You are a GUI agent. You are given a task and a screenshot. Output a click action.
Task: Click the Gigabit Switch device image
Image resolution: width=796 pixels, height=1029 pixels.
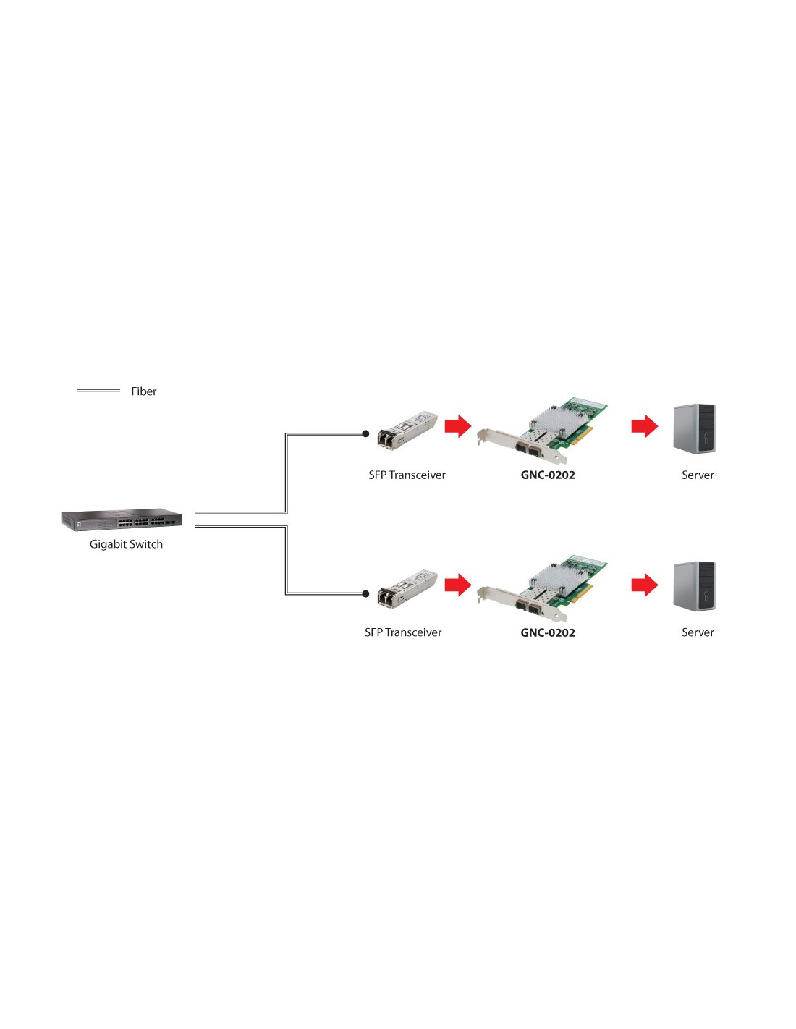click(x=122, y=520)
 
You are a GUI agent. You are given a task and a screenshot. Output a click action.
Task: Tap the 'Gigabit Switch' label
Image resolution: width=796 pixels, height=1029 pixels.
click(x=126, y=545)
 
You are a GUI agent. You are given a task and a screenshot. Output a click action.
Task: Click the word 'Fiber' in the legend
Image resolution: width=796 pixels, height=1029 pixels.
click(x=143, y=391)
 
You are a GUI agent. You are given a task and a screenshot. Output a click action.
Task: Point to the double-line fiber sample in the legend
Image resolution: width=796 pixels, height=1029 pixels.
click(x=98, y=390)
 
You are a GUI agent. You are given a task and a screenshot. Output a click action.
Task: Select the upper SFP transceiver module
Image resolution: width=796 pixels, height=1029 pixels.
click(x=407, y=430)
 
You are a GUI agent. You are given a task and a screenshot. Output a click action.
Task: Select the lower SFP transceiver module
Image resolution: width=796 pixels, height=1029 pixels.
click(x=407, y=588)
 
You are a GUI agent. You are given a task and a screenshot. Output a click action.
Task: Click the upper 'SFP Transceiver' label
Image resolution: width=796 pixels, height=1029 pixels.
click(x=407, y=475)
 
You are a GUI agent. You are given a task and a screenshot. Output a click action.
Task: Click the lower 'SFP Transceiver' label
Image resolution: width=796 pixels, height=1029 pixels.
click(x=403, y=632)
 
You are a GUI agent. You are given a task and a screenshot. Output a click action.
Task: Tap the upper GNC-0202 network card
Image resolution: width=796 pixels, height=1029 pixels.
click(x=542, y=431)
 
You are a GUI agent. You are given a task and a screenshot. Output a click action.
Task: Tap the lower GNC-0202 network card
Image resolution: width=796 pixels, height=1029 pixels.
click(x=542, y=588)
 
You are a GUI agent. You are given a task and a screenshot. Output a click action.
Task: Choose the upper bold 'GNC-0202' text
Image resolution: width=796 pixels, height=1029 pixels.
click(x=547, y=475)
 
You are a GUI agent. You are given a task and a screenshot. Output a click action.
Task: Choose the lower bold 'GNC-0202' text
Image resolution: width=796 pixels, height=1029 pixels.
click(x=547, y=632)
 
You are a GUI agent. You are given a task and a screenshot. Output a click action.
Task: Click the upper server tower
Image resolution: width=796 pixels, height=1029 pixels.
click(x=694, y=428)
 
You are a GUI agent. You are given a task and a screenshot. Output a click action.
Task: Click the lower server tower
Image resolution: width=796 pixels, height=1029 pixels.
click(x=694, y=585)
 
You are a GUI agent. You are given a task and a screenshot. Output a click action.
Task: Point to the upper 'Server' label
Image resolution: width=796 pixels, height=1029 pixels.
click(x=698, y=475)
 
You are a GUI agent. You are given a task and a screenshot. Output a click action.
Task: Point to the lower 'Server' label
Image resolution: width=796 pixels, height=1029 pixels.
click(x=698, y=632)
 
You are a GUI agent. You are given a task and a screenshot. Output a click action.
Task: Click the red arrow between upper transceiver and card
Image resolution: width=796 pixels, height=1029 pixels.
click(x=458, y=425)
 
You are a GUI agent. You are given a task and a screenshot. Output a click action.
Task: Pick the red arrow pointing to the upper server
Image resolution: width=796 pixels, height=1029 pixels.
click(x=645, y=425)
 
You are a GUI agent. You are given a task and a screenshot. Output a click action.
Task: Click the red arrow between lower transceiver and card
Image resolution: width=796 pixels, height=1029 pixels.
click(x=458, y=585)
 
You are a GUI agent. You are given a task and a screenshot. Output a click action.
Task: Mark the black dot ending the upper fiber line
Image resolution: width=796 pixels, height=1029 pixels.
click(x=365, y=433)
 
